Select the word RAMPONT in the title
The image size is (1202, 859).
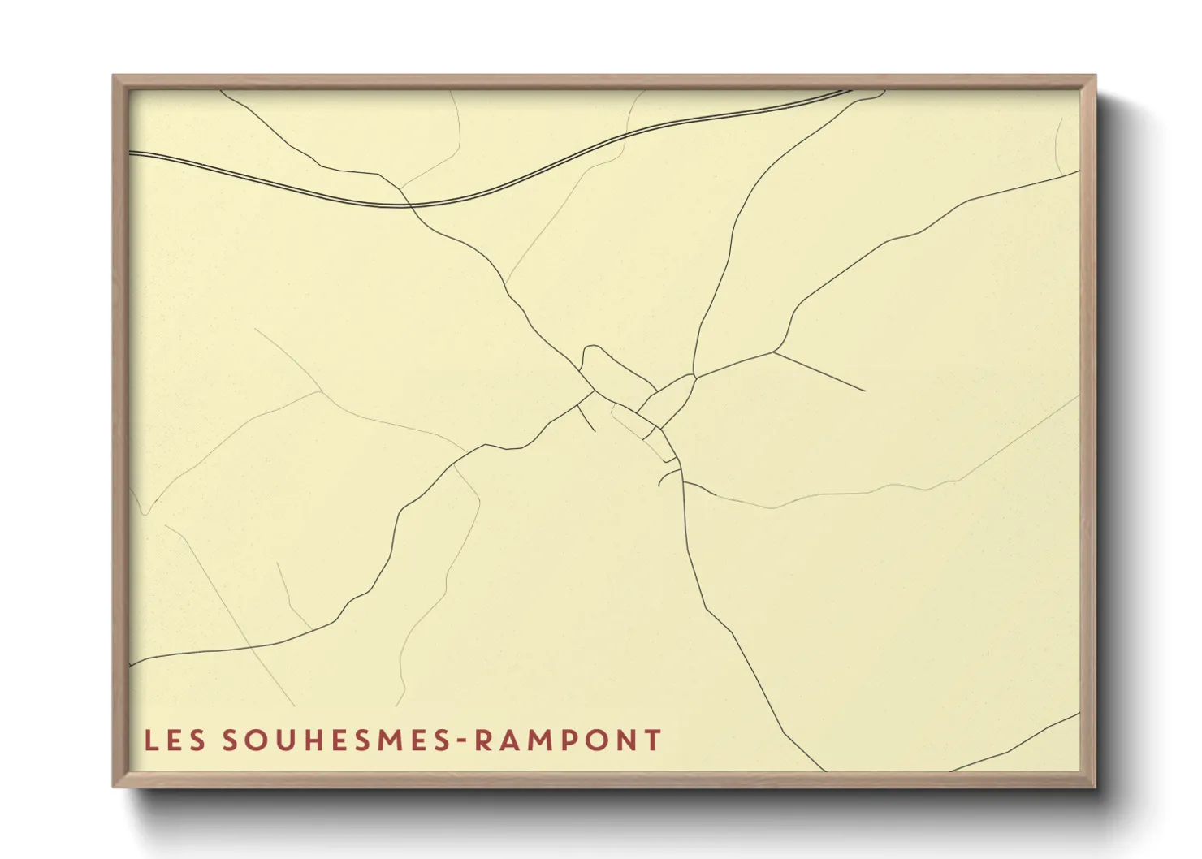tap(568, 740)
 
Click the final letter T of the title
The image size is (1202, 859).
tap(652, 740)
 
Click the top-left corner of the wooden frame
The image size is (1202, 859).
tap(114, 76)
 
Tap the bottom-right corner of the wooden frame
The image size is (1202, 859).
tap(1094, 786)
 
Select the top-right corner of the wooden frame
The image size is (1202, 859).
tap(1094, 76)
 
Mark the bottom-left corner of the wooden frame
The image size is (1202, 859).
tap(114, 786)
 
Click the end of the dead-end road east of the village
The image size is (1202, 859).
tap(864, 391)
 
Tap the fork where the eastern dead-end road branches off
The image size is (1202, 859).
tap(773, 352)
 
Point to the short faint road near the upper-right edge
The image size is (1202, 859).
tap(1057, 146)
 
